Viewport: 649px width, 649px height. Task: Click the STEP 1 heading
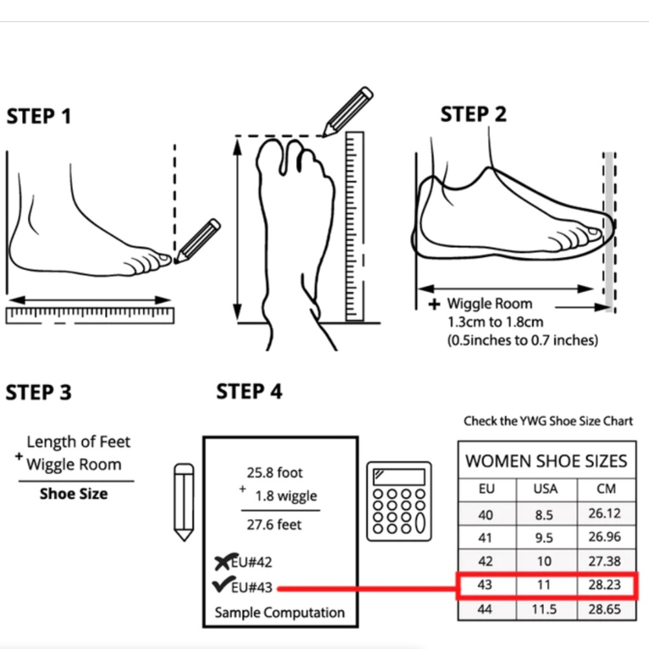point(39,116)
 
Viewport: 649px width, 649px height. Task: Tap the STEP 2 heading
point(473,114)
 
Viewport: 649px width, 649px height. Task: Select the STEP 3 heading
point(38,393)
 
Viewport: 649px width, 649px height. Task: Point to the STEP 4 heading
point(249,391)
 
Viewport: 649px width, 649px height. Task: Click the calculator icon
point(399,501)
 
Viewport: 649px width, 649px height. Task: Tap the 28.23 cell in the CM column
point(605,585)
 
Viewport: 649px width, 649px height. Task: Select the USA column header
point(546,489)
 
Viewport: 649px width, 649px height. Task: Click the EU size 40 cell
point(485,515)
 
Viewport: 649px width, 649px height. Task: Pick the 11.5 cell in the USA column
point(544,609)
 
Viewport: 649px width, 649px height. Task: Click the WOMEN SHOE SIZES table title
point(546,461)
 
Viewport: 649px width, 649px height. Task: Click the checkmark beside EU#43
point(221,584)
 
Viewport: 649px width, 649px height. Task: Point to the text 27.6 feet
point(274,524)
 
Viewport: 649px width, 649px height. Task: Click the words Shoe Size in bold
point(74,493)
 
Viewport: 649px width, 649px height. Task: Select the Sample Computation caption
point(280,612)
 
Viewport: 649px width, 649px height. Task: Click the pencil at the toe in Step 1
point(197,241)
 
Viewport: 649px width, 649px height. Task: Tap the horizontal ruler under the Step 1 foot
point(90,315)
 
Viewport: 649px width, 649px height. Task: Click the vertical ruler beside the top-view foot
point(355,226)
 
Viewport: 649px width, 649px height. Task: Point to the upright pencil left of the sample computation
point(184,502)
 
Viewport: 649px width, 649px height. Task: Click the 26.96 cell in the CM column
point(605,537)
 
